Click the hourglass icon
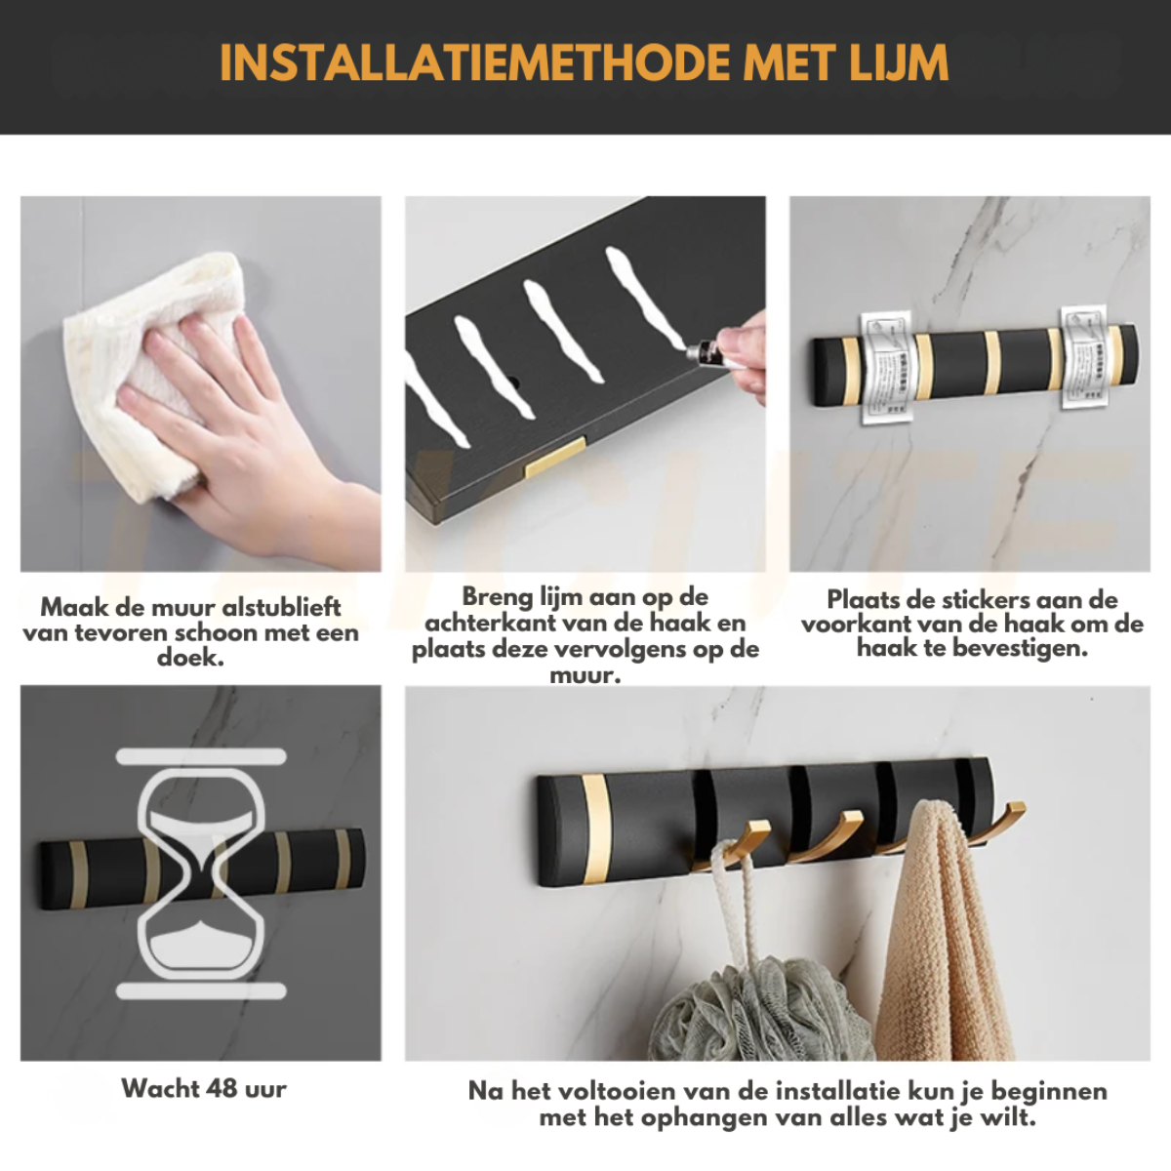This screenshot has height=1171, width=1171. pyautogui.click(x=201, y=873)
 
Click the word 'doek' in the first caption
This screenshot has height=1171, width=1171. pyautogui.click(x=191, y=658)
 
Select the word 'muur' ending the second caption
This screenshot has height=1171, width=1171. pyautogui.click(x=585, y=674)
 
